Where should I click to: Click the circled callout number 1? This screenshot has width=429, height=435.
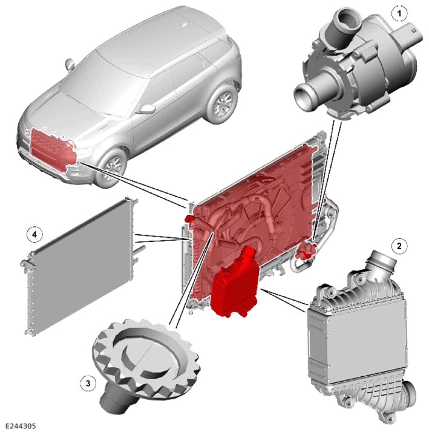(x=399, y=13)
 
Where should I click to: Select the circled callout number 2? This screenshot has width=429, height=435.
(x=399, y=246)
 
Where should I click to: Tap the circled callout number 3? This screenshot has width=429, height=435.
(x=88, y=384)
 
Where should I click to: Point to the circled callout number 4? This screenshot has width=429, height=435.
(x=34, y=235)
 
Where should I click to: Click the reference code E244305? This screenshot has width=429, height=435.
(x=21, y=426)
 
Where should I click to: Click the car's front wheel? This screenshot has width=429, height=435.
(x=113, y=168)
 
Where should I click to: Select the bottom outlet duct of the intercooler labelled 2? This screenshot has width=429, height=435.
(x=408, y=394)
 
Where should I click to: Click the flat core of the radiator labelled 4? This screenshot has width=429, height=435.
(x=80, y=263)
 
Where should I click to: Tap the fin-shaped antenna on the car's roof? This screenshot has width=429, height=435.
(x=185, y=24)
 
